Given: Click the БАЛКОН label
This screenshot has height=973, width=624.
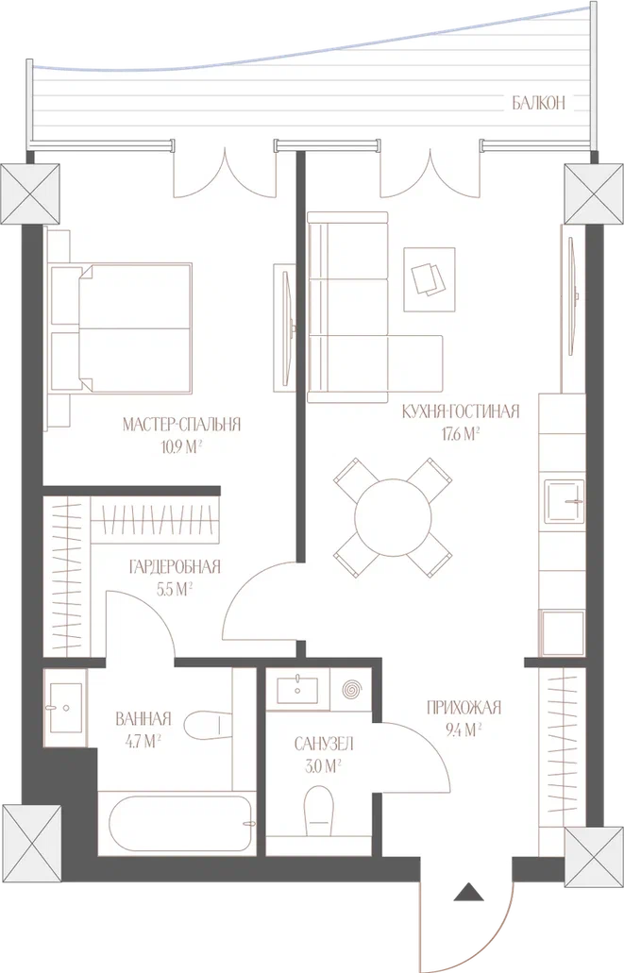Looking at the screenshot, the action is pyautogui.click(x=538, y=103).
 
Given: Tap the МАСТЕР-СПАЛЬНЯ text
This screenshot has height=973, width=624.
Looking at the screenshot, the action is pyautogui.click(x=181, y=425).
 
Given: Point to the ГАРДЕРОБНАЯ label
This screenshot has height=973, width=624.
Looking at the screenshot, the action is pyautogui.click(x=175, y=566).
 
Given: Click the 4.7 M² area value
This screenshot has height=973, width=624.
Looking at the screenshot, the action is pyautogui.click(x=143, y=741).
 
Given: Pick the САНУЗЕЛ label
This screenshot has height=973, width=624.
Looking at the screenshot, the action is pyautogui.click(x=324, y=744).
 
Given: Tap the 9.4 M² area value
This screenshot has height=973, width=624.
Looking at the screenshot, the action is pyautogui.click(x=464, y=730).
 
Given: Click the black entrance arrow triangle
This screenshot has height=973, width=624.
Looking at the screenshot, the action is pyautogui.click(x=468, y=892).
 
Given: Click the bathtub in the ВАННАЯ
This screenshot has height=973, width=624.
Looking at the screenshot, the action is pyautogui.click(x=181, y=824).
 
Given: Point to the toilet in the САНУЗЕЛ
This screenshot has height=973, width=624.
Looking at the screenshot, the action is pyautogui.click(x=319, y=811).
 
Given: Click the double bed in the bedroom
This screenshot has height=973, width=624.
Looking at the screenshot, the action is pyautogui.click(x=121, y=327).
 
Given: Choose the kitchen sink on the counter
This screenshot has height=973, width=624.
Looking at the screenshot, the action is pyautogui.click(x=565, y=500).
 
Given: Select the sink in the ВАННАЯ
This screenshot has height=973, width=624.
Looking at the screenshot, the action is pyautogui.click(x=65, y=708).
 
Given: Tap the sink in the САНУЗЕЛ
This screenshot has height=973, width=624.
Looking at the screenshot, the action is pyautogui.click(x=297, y=690).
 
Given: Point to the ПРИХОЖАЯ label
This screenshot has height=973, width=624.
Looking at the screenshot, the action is pyautogui.click(x=464, y=708).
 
